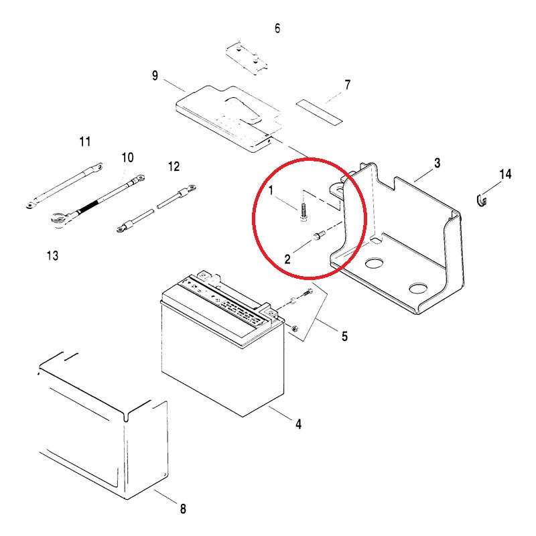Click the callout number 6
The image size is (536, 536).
point(277,28)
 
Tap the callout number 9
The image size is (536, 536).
point(155,76)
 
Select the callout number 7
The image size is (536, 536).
point(347,85)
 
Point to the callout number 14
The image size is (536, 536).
point(506,174)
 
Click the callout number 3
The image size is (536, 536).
point(438,163)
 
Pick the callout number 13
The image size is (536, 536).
point(52,255)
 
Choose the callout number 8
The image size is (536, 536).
point(183,509)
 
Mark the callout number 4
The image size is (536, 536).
point(298,424)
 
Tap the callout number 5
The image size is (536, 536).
point(344,336)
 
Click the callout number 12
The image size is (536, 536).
point(174,166)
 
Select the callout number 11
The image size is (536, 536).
point(85,141)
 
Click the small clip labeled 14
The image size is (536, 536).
point(482,200)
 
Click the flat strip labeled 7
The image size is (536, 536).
point(319,113)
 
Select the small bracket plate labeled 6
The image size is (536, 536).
point(247,58)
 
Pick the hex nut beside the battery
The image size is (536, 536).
point(295,328)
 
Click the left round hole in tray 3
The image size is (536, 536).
point(374,263)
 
